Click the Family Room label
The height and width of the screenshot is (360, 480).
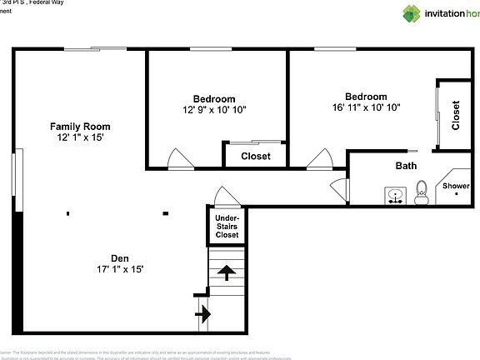tap(80, 127)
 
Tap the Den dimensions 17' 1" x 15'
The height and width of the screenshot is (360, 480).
tap(120, 269)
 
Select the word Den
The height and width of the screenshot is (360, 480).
tap(120, 257)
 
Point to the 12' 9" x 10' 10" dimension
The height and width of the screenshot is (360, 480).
tap(214, 109)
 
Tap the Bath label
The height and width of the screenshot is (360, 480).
tap(406, 166)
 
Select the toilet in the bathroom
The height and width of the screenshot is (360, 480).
tap(422, 192)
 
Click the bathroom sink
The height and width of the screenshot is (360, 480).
tap(395, 197)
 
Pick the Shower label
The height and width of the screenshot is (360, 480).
tap(456, 186)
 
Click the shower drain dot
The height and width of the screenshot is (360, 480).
tap(457, 194)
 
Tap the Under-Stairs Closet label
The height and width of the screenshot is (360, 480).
tap(227, 227)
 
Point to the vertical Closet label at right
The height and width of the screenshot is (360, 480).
tap(456, 115)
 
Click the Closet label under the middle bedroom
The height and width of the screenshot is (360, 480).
tap(255, 156)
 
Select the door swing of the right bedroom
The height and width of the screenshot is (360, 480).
tap(319, 158)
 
